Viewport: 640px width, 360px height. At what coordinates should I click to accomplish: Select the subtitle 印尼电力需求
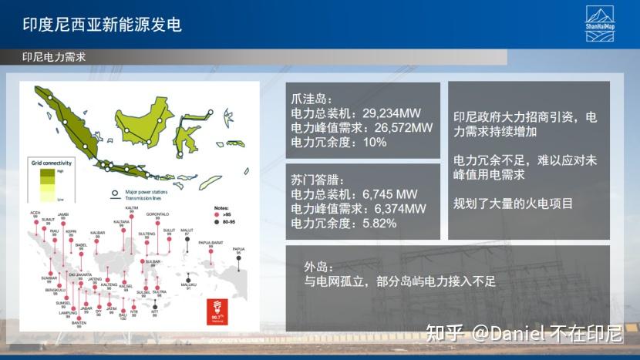53,57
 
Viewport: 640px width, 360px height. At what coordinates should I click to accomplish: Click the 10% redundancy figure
374,142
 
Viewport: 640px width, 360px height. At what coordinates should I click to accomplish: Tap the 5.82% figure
379,224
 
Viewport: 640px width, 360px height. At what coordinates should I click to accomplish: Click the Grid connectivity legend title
52,163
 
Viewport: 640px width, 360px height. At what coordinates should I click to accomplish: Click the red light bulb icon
217,304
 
